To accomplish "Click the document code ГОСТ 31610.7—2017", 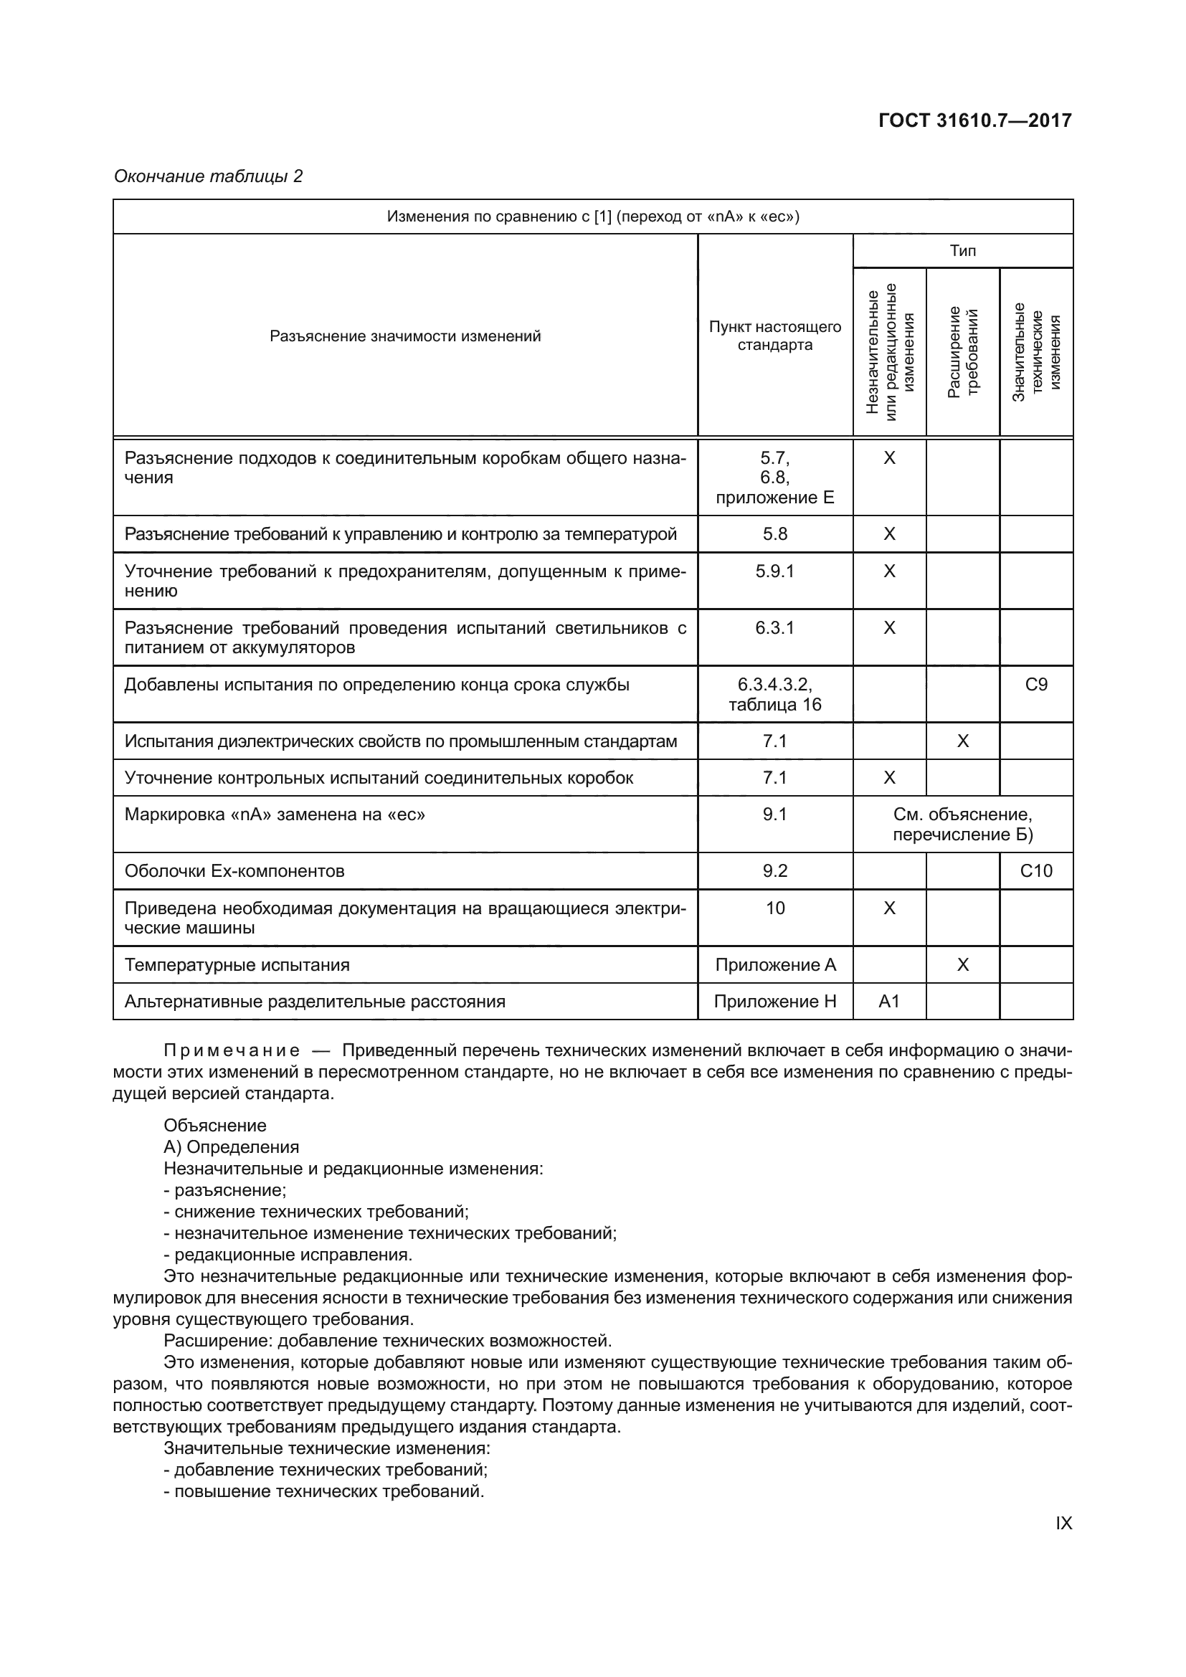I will tap(975, 120).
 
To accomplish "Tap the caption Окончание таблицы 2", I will tap(208, 176).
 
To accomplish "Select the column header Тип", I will tap(962, 250).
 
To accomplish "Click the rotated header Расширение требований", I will tap(962, 352).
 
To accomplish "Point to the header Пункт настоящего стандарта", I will tap(774, 336).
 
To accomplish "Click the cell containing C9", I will tap(1035, 685).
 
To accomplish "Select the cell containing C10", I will tap(1035, 870).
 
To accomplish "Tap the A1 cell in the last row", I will tap(888, 1002).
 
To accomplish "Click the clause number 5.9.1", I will tap(774, 571).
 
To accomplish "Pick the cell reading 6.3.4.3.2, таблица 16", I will tap(774, 695).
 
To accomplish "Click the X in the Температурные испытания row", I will tap(962, 965).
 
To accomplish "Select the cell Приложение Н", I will tap(774, 1002).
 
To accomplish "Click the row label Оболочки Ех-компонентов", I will tap(234, 870).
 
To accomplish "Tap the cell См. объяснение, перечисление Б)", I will tap(962, 824).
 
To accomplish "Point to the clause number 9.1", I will tap(774, 814).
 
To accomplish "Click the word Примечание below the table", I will tap(231, 1051).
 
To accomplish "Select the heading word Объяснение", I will tap(214, 1126).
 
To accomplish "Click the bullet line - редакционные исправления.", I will tap(288, 1255).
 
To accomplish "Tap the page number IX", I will tap(1063, 1524).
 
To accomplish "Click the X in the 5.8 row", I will tap(888, 534).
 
